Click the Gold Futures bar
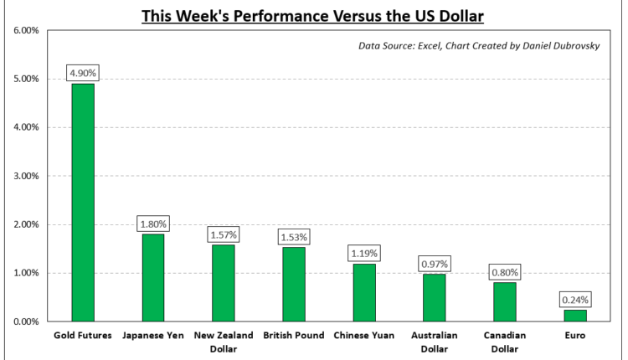[83, 202]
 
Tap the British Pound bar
[294, 284]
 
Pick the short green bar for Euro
[575, 316]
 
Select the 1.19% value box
[364, 252]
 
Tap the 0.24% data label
[575, 298]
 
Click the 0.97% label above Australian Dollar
[435, 263]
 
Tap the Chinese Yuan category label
[364, 336]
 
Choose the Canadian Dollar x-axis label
[505, 342]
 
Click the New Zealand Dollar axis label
[224, 342]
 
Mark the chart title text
[313, 15]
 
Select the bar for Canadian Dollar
[505, 301]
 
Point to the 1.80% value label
[153, 224]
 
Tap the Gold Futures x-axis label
[83, 336]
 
